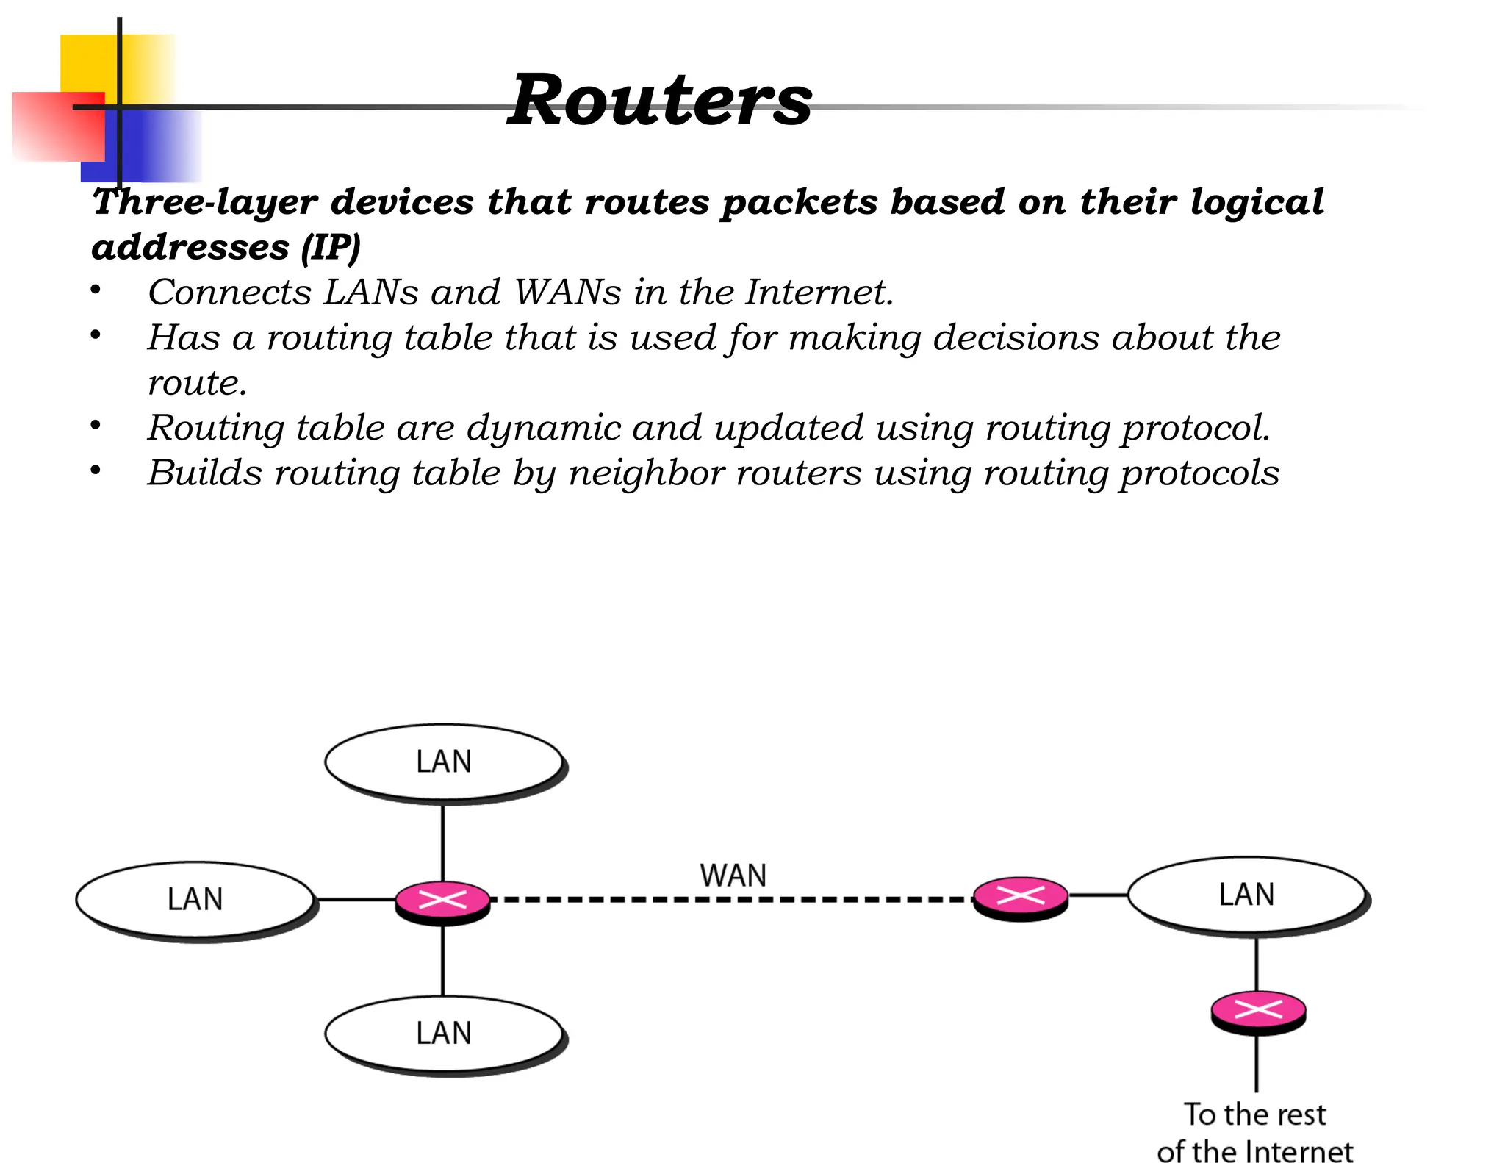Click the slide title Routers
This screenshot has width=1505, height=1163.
click(x=660, y=101)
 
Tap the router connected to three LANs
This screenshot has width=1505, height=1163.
click(x=442, y=899)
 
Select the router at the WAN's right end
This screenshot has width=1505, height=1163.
click(x=1020, y=895)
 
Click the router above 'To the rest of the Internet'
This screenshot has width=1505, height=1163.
click(x=1258, y=1011)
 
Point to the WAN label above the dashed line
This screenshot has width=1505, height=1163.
click(x=733, y=876)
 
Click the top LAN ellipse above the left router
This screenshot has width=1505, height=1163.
click(x=444, y=762)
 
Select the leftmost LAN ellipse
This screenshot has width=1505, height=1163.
click(x=195, y=899)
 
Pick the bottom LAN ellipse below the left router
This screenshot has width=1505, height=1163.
click(x=444, y=1033)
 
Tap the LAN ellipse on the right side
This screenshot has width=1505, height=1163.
click(x=1246, y=895)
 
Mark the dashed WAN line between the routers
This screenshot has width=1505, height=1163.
click(x=731, y=899)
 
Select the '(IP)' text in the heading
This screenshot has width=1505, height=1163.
click(x=331, y=247)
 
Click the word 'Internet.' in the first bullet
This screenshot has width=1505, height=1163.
click(x=819, y=292)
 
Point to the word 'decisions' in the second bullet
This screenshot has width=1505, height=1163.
click(x=1016, y=337)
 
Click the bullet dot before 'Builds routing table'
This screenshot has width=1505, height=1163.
click(x=96, y=470)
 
